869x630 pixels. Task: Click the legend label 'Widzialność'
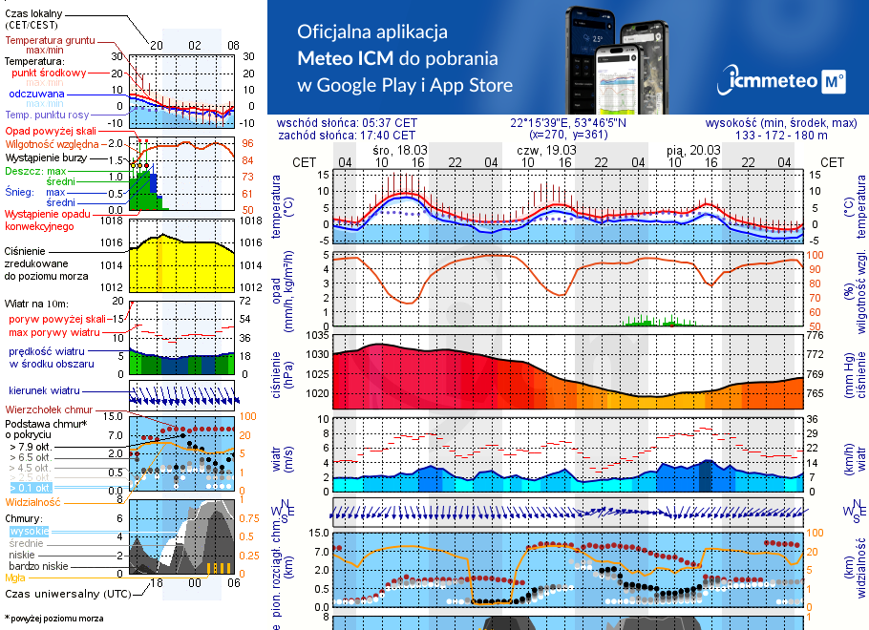[x=33, y=501]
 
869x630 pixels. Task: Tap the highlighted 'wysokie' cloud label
[x=28, y=531]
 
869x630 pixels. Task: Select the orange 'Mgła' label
[x=15, y=577]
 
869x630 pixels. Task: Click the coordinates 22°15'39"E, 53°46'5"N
[x=568, y=123]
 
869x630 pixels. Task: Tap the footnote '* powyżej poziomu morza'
[x=53, y=619]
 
